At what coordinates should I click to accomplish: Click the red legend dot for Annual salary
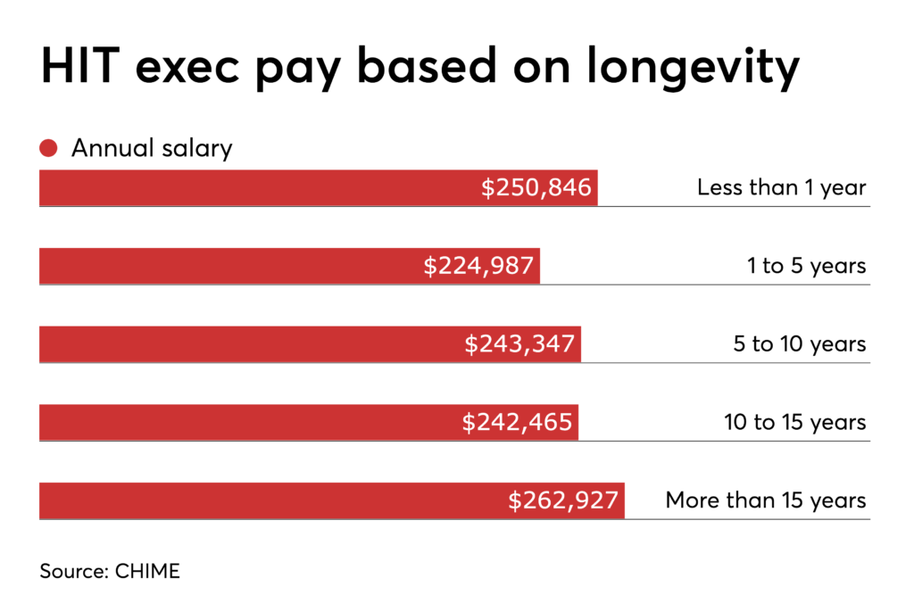pos(49,148)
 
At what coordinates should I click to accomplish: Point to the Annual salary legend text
pos(152,148)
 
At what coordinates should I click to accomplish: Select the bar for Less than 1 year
pos(259,188)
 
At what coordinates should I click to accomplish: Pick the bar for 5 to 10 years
pos(250,344)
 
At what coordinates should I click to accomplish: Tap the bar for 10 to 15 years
pos(250,422)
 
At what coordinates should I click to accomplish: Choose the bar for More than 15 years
pos(268,500)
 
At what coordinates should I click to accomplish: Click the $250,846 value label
pos(536,188)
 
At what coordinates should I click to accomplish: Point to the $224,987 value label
pos(478,266)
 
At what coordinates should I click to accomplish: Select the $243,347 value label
pos(519,344)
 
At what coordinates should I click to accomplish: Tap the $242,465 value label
pos(517,422)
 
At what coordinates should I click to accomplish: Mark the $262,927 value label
pos(563,500)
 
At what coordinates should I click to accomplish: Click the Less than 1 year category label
pos(781,188)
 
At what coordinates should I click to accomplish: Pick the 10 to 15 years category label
pos(794,422)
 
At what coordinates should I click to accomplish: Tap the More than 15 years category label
pos(766,500)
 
